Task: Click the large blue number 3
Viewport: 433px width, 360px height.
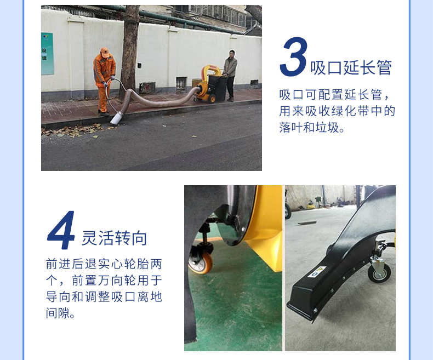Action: pyautogui.click(x=293, y=58)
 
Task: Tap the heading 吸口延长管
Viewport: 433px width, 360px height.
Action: pyautogui.click(x=351, y=68)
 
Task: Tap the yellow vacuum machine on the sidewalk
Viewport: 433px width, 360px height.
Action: pyautogui.click(x=209, y=82)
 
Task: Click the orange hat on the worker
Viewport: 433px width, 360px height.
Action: pyautogui.click(x=105, y=51)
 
